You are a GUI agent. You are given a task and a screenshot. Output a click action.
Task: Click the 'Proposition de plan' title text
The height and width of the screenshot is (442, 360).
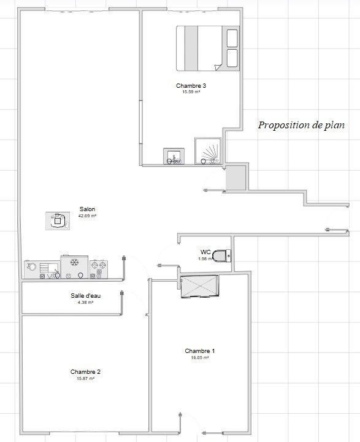pyautogui.click(x=301, y=125)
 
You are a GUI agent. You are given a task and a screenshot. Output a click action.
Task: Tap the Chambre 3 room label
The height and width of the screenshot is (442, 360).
pyautogui.click(x=191, y=85)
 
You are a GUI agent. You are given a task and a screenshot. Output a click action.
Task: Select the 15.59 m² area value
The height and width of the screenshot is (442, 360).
pyautogui.click(x=191, y=91)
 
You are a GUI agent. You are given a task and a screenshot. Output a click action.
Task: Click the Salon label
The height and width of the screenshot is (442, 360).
pyautogui.click(x=87, y=209)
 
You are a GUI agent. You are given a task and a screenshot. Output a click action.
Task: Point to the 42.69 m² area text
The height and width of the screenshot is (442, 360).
pyautogui.click(x=87, y=215)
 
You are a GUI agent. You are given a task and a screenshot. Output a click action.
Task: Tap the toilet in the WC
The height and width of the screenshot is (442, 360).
pyautogui.click(x=224, y=254)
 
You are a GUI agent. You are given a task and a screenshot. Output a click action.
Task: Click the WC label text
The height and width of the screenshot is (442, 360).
pyautogui.click(x=205, y=252)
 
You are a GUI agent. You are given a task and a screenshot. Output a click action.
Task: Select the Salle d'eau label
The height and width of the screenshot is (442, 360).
pyautogui.click(x=85, y=296)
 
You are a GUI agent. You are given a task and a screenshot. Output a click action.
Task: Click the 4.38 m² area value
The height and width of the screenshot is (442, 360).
pyautogui.click(x=85, y=303)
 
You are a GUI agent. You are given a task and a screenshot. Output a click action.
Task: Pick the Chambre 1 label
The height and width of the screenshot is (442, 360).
pyautogui.click(x=199, y=351)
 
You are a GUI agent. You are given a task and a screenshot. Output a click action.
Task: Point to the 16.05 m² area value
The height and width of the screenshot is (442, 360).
pyautogui.click(x=199, y=357)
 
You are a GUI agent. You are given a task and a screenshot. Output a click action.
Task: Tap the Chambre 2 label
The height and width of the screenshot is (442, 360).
pyautogui.click(x=85, y=372)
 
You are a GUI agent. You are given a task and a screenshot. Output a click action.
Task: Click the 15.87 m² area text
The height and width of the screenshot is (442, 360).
pyautogui.click(x=85, y=379)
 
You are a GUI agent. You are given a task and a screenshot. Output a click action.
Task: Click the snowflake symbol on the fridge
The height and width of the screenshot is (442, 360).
pyautogui.click(x=74, y=263)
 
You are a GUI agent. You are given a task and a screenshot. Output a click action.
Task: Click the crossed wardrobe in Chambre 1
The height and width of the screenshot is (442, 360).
pyautogui.click(x=199, y=286)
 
